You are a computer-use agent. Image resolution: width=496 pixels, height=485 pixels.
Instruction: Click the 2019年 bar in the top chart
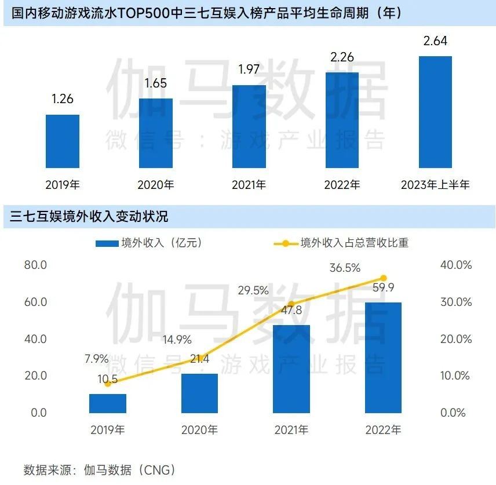pyautogui.click(x=63, y=141)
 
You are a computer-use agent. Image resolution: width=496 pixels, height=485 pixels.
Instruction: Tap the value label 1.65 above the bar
pyautogui.click(x=155, y=83)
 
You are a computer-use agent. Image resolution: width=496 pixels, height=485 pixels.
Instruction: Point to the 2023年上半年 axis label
pyautogui.click(x=435, y=185)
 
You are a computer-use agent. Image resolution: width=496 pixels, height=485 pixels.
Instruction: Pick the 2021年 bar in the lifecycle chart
pyautogui.click(x=249, y=126)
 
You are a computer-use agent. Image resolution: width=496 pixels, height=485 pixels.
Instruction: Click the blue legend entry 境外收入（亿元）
pyautogui.click(x=149, y=243)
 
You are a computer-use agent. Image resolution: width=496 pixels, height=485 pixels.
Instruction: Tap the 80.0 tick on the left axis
pyautogui.click(x=35, y=265)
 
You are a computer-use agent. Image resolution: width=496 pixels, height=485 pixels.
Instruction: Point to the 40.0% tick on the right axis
pyautogui.click(x=455, y=265)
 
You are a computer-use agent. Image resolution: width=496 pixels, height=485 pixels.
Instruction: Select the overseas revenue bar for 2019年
pyautogui.click(x=108, y=403)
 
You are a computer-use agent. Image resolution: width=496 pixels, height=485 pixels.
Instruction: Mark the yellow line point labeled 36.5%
pyautogui.click(x=383, y=278)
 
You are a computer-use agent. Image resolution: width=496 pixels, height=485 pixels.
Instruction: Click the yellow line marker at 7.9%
pyautogui.click(x=108, y=384)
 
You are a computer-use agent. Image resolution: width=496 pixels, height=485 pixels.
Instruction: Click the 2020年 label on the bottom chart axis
pyautogui.click(x=199, y=430)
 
